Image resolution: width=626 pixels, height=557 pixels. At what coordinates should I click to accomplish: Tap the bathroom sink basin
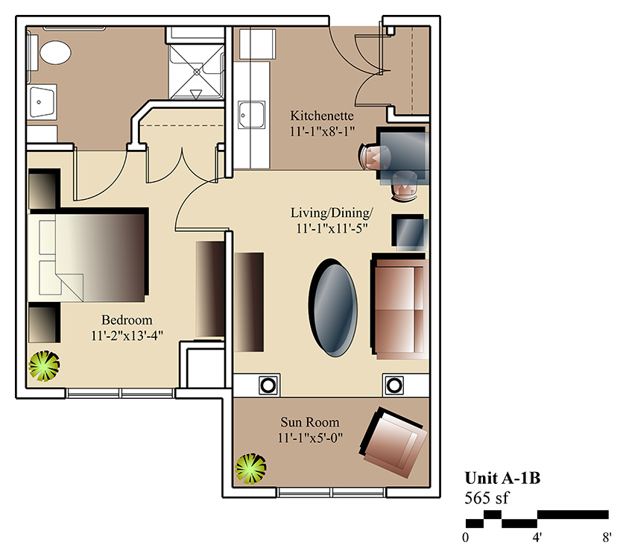tap(42, 101)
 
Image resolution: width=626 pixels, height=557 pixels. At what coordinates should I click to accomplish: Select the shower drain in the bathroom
tap(197, 72)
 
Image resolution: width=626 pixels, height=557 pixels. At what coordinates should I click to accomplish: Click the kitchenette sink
tap(252, 115)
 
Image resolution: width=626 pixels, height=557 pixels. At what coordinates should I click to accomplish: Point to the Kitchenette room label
tap(322, 116)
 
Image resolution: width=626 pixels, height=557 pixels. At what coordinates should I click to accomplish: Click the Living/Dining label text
tap(332, 213)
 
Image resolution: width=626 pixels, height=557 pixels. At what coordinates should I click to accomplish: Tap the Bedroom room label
tap(127, 320)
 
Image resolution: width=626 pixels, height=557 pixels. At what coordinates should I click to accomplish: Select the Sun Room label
tap(310, 422)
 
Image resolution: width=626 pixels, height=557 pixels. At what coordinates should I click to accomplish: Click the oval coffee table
tap(332, 307)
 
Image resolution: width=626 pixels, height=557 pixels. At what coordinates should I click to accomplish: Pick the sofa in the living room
tap(399, 306)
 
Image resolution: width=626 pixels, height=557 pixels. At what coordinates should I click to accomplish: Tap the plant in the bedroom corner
tap(44, 366)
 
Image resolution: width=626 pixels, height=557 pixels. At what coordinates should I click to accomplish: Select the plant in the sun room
tap(250, 468)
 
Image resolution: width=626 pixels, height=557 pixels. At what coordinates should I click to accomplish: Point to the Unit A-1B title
tap(502, 478)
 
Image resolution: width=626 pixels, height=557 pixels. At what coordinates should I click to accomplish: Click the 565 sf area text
tap(487, 498)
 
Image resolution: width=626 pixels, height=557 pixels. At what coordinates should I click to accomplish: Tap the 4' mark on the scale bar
tap(537, 538)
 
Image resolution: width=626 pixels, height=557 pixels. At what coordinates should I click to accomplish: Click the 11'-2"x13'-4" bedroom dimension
tap(127, 336)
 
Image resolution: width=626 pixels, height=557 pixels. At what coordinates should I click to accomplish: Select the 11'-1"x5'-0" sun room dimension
tap(310, 438)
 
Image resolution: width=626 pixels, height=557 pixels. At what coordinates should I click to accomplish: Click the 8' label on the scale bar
tap(607, 538)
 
